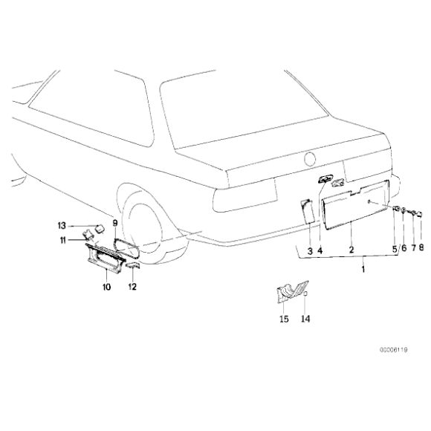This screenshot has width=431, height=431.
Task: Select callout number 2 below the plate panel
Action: [x=351, y=250]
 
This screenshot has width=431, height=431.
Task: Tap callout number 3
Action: [x=309, y=250]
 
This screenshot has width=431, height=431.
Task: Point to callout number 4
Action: [x=320, y=250]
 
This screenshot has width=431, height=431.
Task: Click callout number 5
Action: [x=395, y=249]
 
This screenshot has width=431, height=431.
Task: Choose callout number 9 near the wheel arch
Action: [x=115, y=221]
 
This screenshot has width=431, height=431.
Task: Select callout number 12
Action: [x=132, y=286]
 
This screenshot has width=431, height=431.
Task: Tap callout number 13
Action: [x=62, y=224]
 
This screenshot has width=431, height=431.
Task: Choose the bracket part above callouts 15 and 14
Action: [x=290, y=294]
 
